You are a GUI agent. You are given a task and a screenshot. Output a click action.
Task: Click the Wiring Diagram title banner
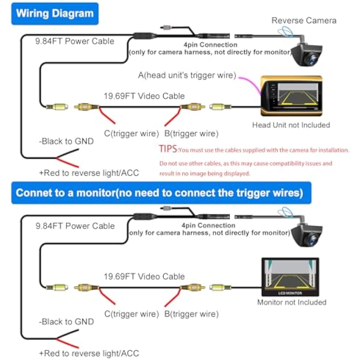[55, 14]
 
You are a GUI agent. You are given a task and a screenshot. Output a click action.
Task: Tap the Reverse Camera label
[304, 21]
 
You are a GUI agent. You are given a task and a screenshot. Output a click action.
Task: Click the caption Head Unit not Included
[291, 125]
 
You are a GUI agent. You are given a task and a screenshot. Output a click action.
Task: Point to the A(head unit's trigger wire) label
[187, 75]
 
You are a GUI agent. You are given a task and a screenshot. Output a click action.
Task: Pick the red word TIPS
[168, 149]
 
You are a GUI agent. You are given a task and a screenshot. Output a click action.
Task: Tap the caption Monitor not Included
[292, 302]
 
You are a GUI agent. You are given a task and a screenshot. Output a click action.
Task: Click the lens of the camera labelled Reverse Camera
[310, 59]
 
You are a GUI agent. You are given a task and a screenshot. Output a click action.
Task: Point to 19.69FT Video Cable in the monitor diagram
[144, 277]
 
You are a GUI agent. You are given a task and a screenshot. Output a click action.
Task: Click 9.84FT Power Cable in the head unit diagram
[75, 41]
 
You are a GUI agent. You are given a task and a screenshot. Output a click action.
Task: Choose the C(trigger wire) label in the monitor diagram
[131, 314]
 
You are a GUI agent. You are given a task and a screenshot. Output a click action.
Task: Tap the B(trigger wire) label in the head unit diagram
[191, 134]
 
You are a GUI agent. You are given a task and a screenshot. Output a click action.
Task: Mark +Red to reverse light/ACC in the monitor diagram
[89, 353]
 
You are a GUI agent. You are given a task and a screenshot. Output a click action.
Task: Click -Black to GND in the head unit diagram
[66, 141]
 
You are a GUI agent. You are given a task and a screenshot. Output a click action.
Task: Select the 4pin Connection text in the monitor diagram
[208, 225]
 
